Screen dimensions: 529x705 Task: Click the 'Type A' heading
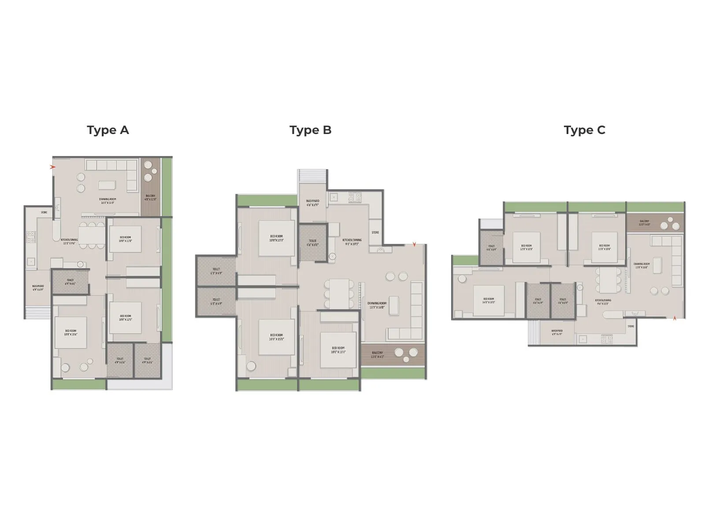[108, 130]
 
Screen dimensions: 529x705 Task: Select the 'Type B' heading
[310, 130]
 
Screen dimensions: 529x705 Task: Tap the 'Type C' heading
[584, 130]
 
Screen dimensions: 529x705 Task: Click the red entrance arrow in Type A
[53, 167]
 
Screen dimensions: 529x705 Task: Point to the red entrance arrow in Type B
[414, 244]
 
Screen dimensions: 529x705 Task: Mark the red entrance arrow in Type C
[675, 318]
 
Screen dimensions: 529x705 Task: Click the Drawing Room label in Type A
[107, 201]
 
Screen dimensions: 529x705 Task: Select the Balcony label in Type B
[377, 354]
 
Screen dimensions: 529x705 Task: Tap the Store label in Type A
[44, 212]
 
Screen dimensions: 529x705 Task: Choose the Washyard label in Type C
[557, 332]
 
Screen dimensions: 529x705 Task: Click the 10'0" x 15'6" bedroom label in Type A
[70, 332]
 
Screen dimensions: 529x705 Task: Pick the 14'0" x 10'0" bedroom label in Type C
[488, 301]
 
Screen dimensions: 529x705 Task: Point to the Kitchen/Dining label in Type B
[352, 242]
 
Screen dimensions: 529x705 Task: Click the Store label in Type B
[375, 232]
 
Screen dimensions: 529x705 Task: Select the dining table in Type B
[339, 294]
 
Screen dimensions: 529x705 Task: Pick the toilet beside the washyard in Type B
[312, 242]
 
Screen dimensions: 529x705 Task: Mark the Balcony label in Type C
[644, 223]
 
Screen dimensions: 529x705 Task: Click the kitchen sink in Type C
[583, 339]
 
